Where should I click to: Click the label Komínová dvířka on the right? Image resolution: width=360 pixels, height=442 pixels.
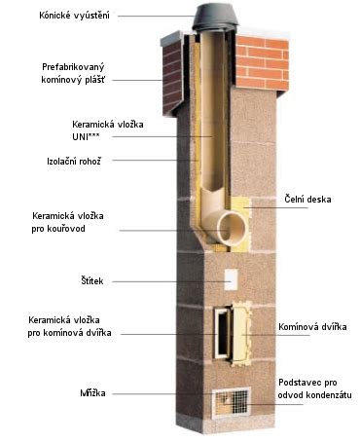(x=311, y=327)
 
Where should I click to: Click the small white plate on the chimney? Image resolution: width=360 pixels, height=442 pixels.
(x=232, y=279)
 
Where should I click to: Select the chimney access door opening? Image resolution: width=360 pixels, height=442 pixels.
(x=229, y=332)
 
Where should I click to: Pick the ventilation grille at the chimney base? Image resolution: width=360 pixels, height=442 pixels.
(x=233, y=401)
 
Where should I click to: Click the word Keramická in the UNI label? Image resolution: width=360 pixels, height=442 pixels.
(x=94, y=127)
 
